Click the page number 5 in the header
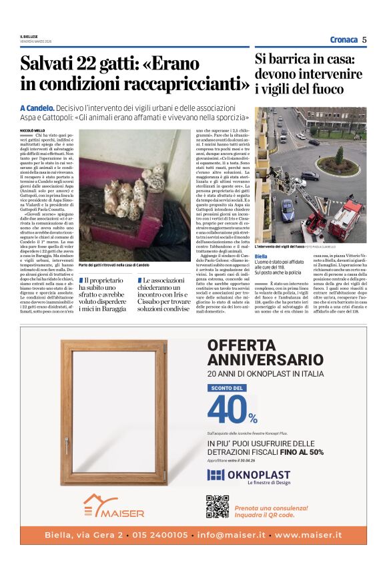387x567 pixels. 364,39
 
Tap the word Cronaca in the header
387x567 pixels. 344,39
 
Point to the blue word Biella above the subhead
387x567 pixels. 261,256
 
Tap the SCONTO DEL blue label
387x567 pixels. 227,387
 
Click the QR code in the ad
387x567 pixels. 218,506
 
